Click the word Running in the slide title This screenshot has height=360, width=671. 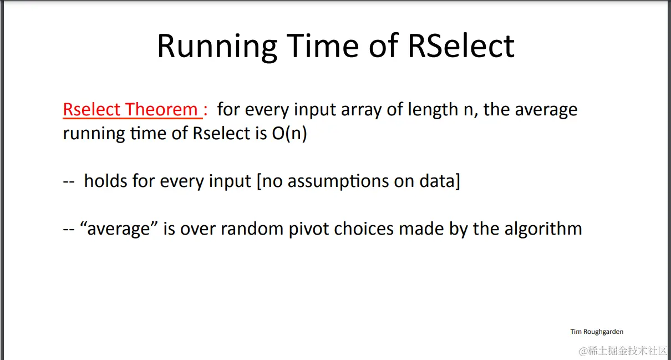217,47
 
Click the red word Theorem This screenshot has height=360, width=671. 161,109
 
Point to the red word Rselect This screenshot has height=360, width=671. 91,109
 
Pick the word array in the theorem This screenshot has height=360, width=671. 360,110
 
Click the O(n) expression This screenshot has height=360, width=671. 289,133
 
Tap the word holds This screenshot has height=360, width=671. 106,181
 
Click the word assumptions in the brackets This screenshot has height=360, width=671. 338,181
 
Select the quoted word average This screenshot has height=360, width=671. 119,229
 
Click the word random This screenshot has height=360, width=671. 252,229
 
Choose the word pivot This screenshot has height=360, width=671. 309,230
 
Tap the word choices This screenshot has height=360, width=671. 364,229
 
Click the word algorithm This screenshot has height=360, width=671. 543,230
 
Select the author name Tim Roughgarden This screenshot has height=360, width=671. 597,332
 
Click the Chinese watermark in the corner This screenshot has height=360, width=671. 624,351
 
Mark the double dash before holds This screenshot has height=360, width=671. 69,182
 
